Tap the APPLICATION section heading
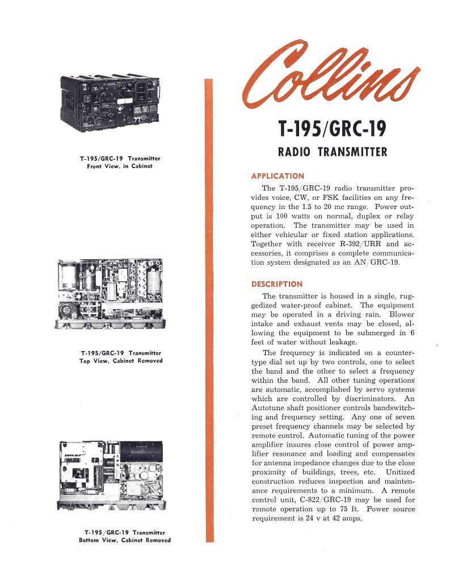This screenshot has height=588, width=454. (278, 176)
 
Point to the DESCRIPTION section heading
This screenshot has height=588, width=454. (277, 284)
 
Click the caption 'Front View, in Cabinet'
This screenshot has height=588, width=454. (120, 166)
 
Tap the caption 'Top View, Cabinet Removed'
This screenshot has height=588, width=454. (121, 361)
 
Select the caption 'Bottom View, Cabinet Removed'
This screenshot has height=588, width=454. (125, 540)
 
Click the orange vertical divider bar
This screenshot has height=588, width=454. (209, 310)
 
